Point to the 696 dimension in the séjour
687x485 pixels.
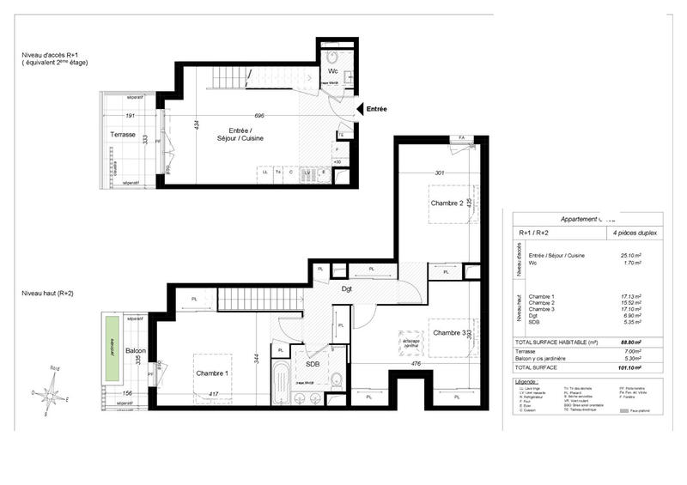click(x=258, y=115)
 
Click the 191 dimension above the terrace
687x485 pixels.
click(x=131, y=114)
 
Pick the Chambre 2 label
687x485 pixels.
click(x=447, y=203)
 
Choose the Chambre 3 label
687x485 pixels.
click(x=449, y=332)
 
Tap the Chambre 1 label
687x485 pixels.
click(x=212, y=373)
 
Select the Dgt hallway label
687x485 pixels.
click(x=346, y=288)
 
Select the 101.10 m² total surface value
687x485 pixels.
click(x=630, y=367)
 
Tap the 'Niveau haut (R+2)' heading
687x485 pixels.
click(x=49, y=294)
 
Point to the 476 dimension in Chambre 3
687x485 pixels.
click(x=415, y=363)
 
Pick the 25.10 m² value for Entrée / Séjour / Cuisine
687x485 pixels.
click(x=631, y=255)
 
